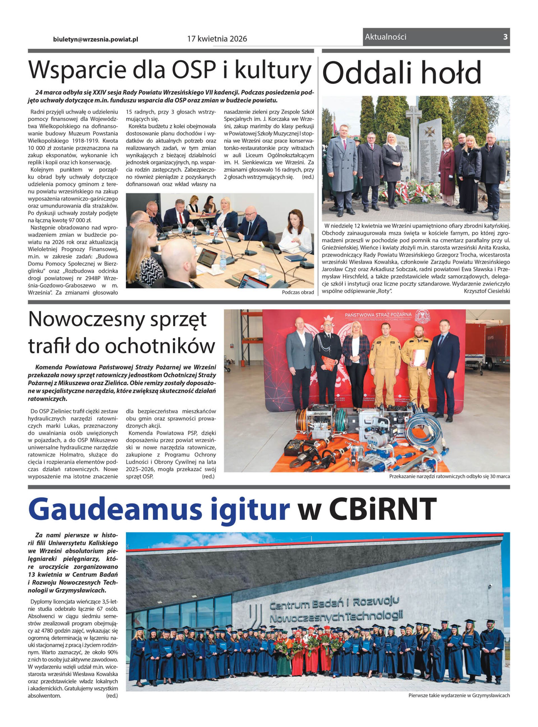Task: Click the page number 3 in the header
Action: [x=505, y=37]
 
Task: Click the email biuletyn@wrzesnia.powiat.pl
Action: [x=96, y=39]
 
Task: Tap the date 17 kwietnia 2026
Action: [x=217, y=39]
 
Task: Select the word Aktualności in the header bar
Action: [x=386, y=37]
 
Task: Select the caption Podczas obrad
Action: [x=298, y=292]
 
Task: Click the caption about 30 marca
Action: [x=449, y=477]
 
